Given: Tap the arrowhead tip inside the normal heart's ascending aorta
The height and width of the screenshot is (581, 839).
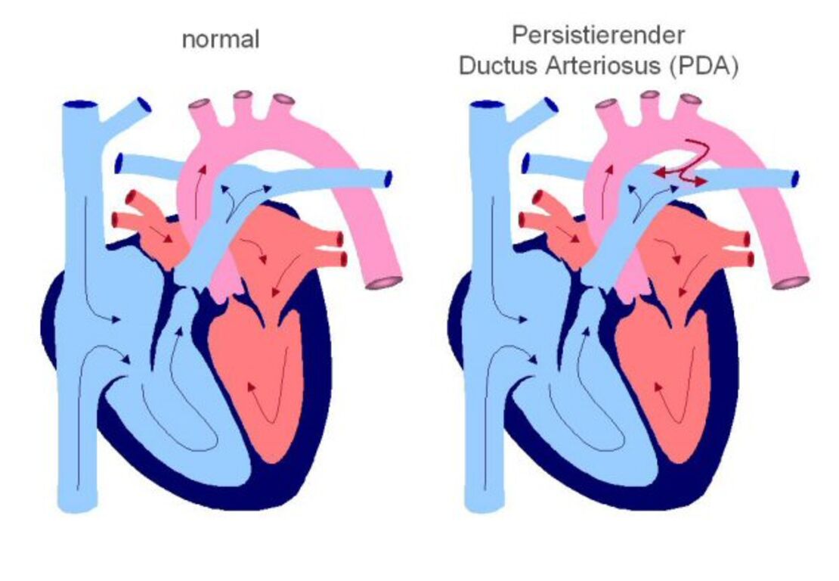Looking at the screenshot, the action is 203,166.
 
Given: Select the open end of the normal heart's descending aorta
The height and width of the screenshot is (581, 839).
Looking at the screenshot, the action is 383,283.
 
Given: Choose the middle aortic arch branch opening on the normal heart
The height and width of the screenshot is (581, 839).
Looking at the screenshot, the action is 243,95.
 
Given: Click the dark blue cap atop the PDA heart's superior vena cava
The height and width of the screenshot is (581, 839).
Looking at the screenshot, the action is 487,104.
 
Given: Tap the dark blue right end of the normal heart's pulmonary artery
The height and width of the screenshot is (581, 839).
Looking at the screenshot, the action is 389,179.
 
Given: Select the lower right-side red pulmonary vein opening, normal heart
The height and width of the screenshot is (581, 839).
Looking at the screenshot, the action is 343,259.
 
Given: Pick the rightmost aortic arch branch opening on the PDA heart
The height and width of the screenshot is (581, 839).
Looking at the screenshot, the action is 691,99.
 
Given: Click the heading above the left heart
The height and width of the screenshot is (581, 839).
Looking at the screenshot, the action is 221,40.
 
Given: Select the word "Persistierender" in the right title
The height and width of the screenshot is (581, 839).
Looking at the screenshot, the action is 598,36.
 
